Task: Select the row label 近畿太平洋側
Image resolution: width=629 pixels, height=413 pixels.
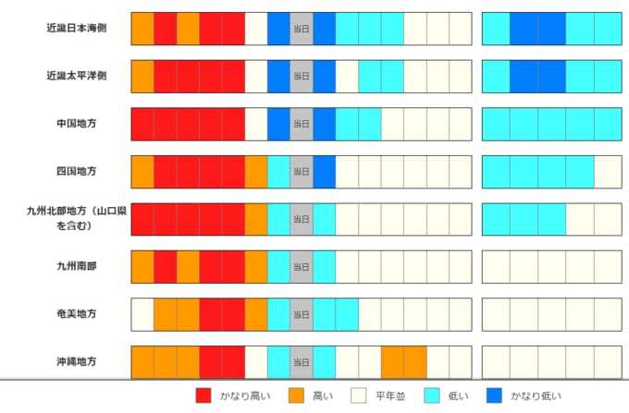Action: coord(76,76)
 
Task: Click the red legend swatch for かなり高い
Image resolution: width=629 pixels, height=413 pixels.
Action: coord(204,395)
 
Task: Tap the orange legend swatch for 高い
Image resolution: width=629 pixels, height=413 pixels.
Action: coord(298,395)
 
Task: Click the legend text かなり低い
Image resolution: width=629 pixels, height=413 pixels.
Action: coord(534,395)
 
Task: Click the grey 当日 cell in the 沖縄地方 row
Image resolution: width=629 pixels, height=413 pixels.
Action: coord(302,361)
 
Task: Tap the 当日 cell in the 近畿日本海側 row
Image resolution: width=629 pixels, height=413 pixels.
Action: coord(302,29)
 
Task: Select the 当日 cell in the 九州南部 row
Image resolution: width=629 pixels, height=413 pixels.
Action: coord(302,266)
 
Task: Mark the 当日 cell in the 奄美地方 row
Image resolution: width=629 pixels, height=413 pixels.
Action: coord(302,313)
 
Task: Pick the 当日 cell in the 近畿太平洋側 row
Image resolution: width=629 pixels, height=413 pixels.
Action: coord(302,76)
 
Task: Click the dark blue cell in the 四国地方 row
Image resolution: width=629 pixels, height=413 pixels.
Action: coord(325,171)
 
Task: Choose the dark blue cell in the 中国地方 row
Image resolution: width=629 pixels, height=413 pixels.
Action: coord(278,124)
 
